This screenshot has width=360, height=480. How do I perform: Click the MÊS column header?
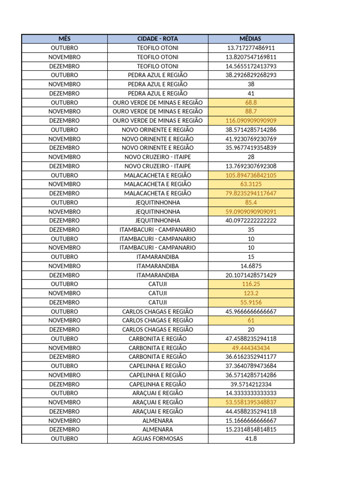pyautogui.click(x=64, y=38)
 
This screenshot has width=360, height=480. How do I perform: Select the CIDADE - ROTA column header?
pyautogui.click(x=157, y=38)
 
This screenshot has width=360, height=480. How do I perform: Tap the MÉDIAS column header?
pyautogui.click(x=251, y=38)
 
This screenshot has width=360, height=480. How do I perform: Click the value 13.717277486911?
pyautogui.click(x=251, y=48)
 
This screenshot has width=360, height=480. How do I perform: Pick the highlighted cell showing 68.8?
pyautogui.click(x=251, y=102)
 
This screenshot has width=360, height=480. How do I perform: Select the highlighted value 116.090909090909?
pyautogui.click(x=251, y=120)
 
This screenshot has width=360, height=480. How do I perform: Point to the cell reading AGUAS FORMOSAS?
pyautogui.click(x=157, y=439)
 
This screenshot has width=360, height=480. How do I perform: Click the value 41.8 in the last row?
pyautogui.click(x=251, y=439)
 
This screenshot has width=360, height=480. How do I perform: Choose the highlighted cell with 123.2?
pyautogui.click(x=251, y=293)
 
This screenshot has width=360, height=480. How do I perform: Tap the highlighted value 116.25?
pyautogui.click(x=251, y=284)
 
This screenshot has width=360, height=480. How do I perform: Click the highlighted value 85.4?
pyautogui.click(x=251, y=202)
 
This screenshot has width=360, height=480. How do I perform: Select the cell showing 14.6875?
pyautogui.click(x=251, y=266)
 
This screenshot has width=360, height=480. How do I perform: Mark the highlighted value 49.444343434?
pyautogui.click(x=251, y=348)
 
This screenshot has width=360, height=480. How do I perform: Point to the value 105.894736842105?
pyautogui.click(x=251, y=175)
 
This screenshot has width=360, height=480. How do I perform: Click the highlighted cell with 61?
pyautogui.click(x=251, y=321)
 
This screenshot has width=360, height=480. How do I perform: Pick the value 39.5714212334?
pyautogui.click(x=251, y=384)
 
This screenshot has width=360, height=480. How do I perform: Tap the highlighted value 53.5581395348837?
pyautogui.click(x=251, y=402)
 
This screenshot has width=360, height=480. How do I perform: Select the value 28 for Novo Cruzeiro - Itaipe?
pyautogui.click(x=251, y=157)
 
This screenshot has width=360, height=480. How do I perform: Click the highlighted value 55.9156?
pyautogui.click(x=251, y=302)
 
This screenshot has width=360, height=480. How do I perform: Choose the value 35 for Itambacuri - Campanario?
pyautogui.click(x=251, y=230)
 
